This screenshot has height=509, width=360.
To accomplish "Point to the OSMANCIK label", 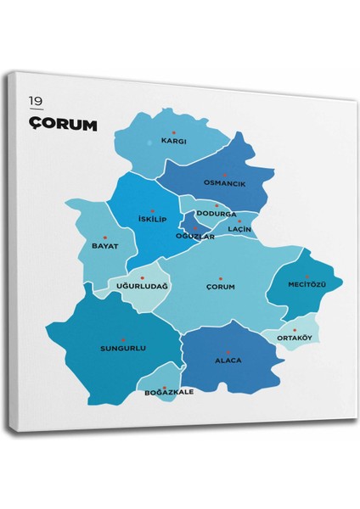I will coord(224,183).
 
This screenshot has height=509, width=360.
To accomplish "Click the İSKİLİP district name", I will coord(154,220).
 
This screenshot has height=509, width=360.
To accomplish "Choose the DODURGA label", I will coord(216,214).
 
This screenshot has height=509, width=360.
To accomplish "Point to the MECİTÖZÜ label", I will coord(307,282).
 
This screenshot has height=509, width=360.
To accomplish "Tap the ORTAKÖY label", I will coord(295,338).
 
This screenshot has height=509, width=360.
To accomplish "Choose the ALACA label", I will coord(228,361).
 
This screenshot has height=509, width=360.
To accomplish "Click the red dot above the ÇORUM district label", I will coord(220,278).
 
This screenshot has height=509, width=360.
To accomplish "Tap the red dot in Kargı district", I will coord(173,132).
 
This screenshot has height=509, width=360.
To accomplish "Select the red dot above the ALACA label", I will coord(228,351).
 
